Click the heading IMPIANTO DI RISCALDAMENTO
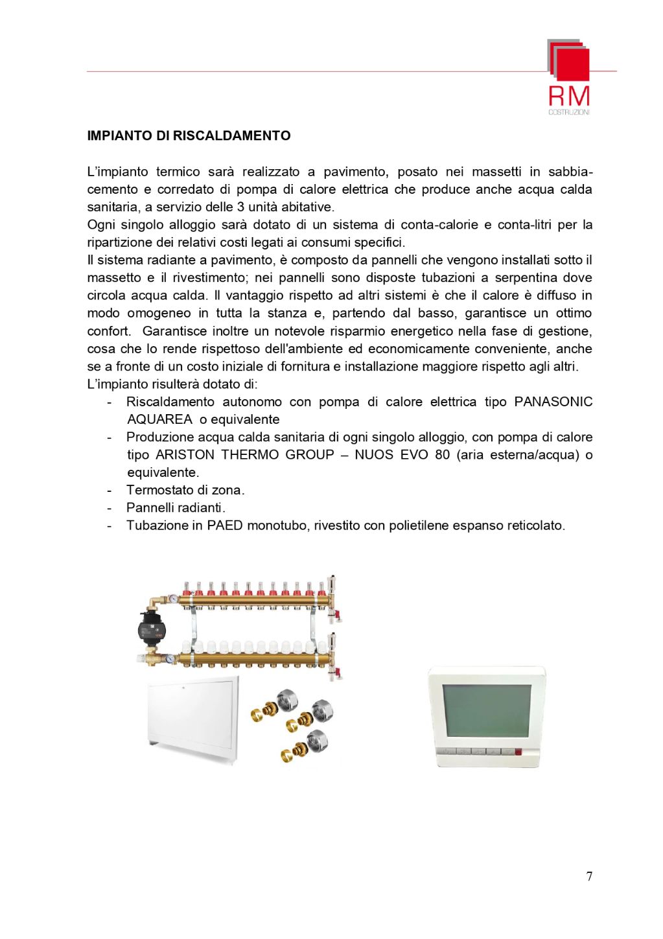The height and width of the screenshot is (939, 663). (189, 136)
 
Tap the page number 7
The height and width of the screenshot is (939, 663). (588, 877)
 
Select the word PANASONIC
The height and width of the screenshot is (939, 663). (553, 402)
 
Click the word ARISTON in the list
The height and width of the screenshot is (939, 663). (186, 454)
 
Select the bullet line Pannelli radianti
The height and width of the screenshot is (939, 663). (176, 507)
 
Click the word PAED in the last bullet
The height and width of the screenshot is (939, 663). (225, 525)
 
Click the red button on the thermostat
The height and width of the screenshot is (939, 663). (517, 752)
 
